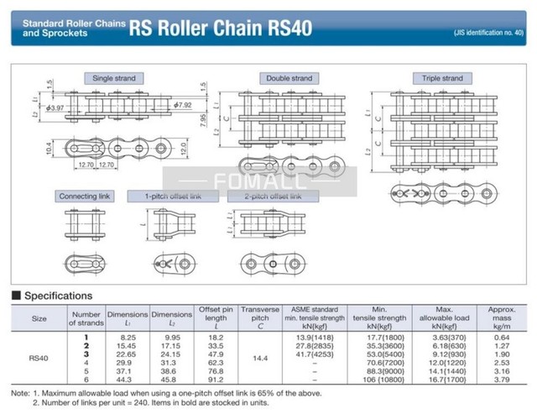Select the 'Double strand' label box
[289, 78]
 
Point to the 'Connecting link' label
[85, 197]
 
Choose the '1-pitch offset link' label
[173, 197]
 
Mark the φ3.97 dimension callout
[55, 108]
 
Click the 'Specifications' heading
[58, 296]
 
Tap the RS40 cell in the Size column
[39, 358]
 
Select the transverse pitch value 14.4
[259, 358]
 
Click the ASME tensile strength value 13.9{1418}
[315, 336]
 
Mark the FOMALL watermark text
[260, 179]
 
